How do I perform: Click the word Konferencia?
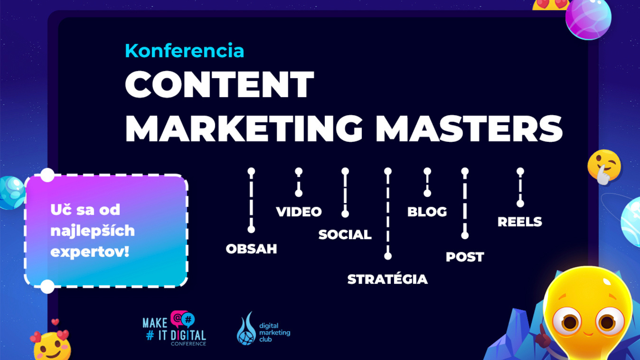(x=184, y=51)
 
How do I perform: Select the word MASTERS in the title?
(x=469, y=129)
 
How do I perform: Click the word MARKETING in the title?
(x=244, y=129)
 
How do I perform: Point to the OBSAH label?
(x=251, y=249)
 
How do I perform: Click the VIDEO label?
(x=299, y=212)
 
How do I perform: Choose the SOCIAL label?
(x=345, y=235)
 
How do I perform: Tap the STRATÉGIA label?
(x=387, y=279)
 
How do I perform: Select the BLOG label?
(x=427, y=212)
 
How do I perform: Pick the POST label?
(x=465, y=257)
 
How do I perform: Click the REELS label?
(x=520, y=222)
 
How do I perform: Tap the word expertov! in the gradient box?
(x=90, y=252)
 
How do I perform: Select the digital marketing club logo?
(x=263, y=329)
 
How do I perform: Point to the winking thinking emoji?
(x=604, y=167)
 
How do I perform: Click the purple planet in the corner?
(x=588, y=18)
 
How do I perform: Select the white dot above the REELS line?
(x=520, y=171)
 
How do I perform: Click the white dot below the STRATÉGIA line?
(x=388, y=256)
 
